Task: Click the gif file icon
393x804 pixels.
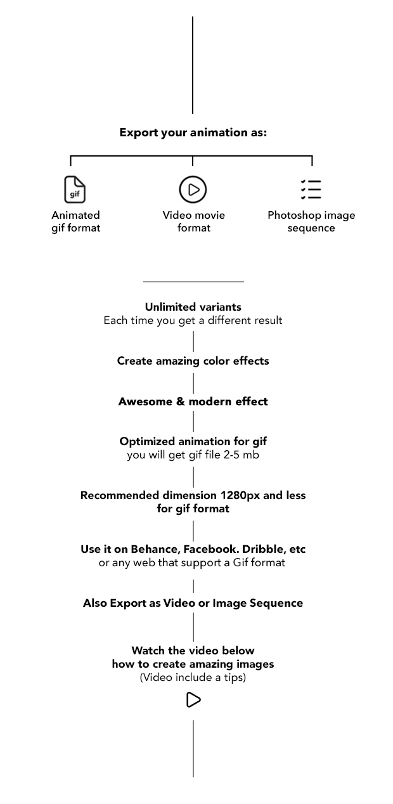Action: pos(75,189)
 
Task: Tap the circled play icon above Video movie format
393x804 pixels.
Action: pos(193,189)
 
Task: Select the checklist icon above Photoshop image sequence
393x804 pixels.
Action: pos(311,189)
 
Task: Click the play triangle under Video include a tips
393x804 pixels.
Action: pos(193,700)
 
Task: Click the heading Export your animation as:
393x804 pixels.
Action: pos(193,133)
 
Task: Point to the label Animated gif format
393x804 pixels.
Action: pos(76,221)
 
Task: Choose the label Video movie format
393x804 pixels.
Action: pos(193,221)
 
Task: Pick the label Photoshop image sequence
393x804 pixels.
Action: pos(311,221)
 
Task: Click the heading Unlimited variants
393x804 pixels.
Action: pos(193,308)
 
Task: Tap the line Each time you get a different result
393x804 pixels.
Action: pos(193,321)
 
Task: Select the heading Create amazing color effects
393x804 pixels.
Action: pos(193,361)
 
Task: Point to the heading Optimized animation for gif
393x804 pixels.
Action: pos(193,442)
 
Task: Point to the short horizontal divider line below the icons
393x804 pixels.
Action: pos(193,282)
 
